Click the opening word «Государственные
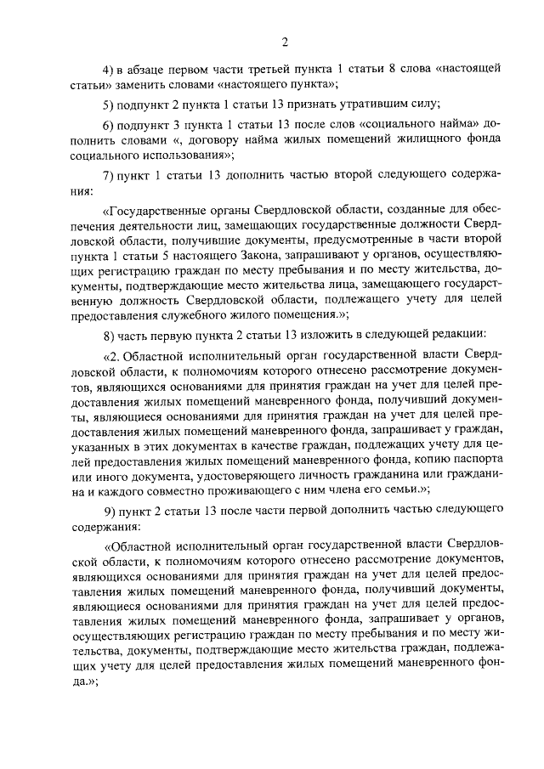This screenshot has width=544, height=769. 160,208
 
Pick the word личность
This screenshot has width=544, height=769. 337,489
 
